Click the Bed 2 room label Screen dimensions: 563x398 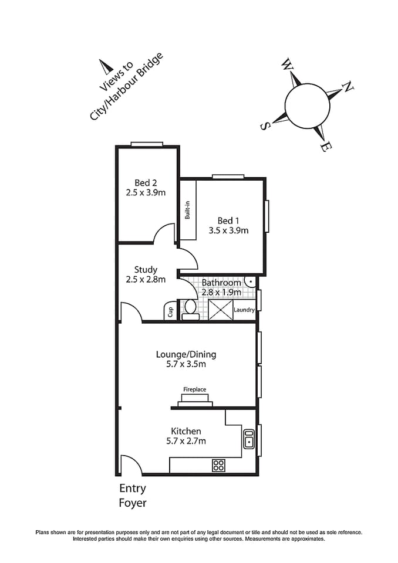[x=146, y=182]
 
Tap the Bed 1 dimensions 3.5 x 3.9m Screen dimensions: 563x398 [x=228, y=230]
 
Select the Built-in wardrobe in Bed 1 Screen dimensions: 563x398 [x=188, y=210]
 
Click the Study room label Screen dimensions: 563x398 [x=146, y=270]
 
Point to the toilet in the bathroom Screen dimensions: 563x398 [x=190, y=309]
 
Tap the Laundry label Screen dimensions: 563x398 [x=244, y=310]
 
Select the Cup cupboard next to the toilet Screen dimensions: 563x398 [x=170, y=310]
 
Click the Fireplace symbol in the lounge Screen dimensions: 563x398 [x=195, y=399]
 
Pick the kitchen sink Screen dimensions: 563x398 [x=249, y=439]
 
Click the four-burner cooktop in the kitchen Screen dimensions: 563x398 [x=219, y=466]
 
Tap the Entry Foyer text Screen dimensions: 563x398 [x=133, y=496]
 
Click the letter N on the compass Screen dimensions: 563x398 [x=348, y=87]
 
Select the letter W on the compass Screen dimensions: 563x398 [x=287, y=64]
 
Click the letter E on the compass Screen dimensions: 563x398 [x=323, y=147]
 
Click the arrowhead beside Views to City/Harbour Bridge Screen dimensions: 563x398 [x=105, y=66]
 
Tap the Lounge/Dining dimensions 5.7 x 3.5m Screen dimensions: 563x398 [x=185, y=364]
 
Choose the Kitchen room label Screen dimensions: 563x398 [x=185, y=431]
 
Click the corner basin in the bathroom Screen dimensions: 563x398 [x=251, y=281]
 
